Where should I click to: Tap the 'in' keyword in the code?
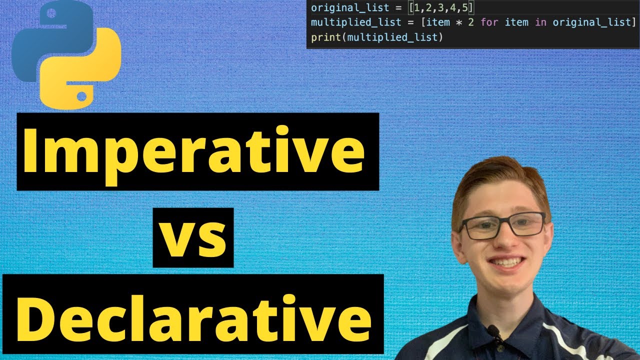540,22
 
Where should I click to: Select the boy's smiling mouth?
507,262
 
